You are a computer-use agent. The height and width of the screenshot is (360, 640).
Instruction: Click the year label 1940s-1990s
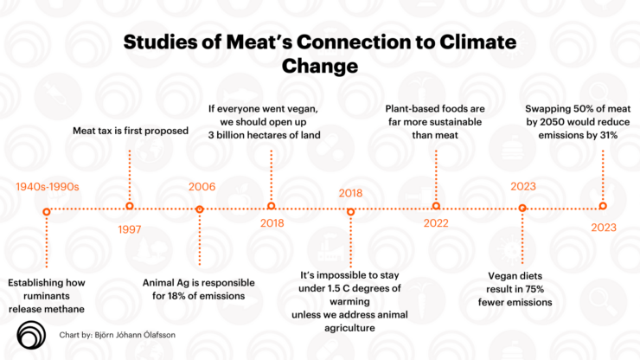tap(48, 187)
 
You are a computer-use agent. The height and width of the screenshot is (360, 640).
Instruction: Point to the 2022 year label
tap(436, 224)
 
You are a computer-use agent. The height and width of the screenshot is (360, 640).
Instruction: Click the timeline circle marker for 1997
tap(130, 206)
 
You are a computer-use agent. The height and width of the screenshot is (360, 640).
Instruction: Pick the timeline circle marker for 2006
tap(199, 209)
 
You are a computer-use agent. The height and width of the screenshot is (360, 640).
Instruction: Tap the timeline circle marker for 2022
tap(436, 206)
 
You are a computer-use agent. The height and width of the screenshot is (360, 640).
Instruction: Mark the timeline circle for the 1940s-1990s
tap(47, 210)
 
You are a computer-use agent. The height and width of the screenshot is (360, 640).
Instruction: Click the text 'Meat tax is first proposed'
tap(129, 132)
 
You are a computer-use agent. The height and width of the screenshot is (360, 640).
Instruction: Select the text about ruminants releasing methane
tap(47, 295)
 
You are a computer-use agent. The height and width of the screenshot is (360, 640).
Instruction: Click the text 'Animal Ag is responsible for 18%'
tap(199, 288)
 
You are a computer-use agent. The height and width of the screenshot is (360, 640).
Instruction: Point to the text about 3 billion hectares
tap(271, 122)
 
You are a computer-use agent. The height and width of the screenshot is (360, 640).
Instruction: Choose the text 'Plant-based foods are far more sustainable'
tap(436, 122)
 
